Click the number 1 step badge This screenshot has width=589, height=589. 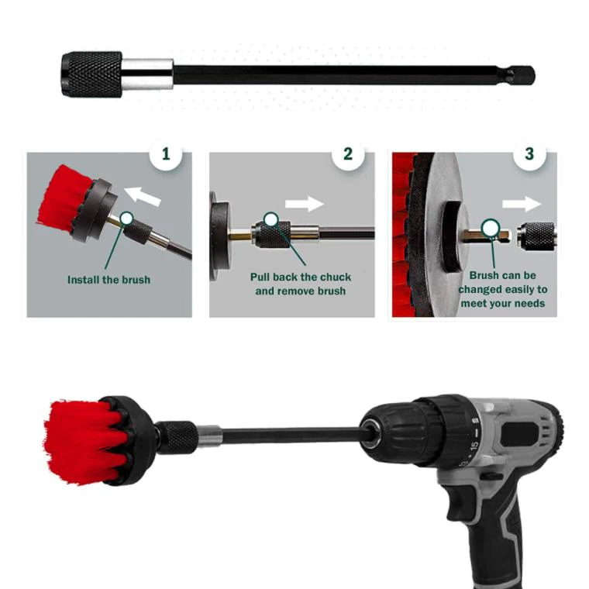click(165, 154)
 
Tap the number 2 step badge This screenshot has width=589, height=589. click(348, 154)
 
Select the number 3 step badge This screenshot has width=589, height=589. click(529, 154)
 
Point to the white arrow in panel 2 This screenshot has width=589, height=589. click(305, 205)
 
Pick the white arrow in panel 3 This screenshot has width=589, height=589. click(521, 205)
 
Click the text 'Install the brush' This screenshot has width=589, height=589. click(108, 280)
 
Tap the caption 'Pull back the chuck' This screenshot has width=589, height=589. click(300, 277)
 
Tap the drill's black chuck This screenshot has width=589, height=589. click(403, 434)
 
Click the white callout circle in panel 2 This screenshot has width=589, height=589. click(271, 219)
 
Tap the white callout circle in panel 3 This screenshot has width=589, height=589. click(490, 228)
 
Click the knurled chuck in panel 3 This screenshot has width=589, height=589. click(539, 233)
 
